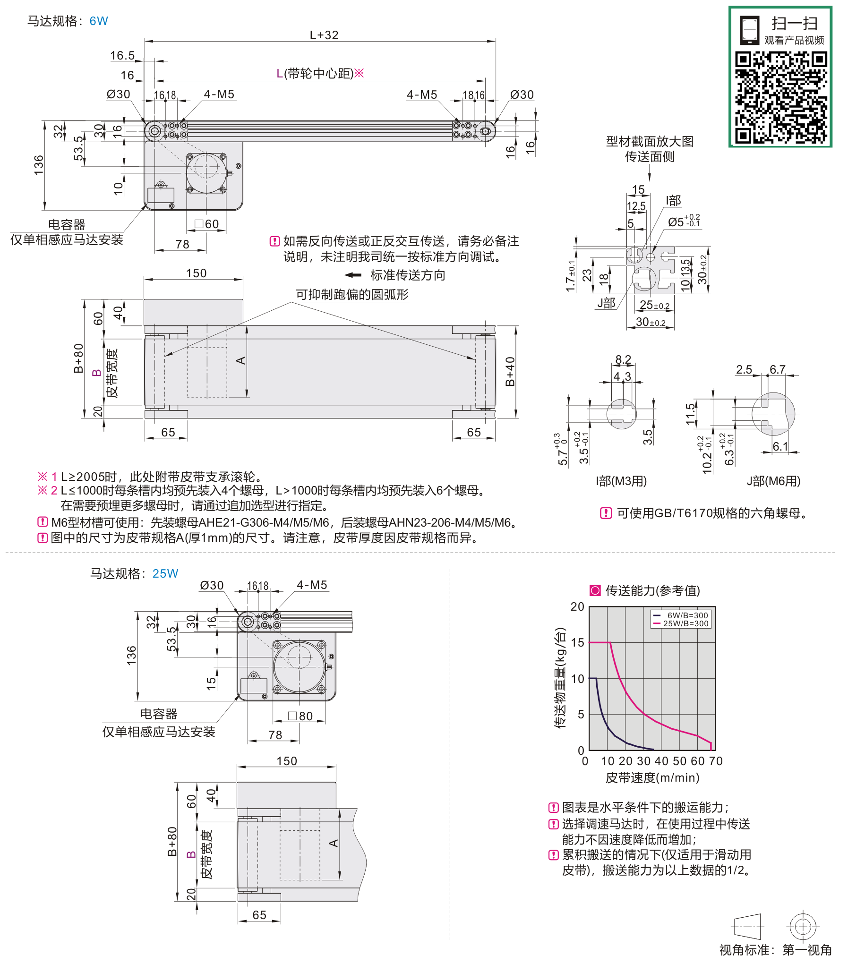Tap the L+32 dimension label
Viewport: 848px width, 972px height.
click(x=324, y=35)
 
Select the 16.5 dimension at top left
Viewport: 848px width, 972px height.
click(x=122, y=56)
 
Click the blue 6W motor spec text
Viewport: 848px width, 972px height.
click(x=98, y=21)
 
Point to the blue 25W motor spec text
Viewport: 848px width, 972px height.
click(x=165, y=573)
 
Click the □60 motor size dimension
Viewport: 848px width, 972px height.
click(x=207, y=224)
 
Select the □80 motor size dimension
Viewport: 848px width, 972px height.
click(x=300, y=716)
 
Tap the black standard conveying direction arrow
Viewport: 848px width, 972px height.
click(x=353, y=275)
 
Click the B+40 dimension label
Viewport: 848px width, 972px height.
click(x=510, y=371)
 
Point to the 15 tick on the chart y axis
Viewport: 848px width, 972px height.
click(x=577, y=642)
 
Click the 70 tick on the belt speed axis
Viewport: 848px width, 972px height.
click(x=716, y=761)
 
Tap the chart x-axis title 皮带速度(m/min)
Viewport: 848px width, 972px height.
click(x=652, y=777)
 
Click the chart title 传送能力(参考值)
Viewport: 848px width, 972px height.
click(x=652, y=590)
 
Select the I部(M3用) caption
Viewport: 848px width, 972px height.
click(x=621, y=481)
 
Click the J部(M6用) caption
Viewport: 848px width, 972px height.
click(x=773, y=481)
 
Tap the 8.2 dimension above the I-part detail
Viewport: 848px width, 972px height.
click(x=623, y=359)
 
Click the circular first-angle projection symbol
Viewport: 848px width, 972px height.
click(x=803, y=926)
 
